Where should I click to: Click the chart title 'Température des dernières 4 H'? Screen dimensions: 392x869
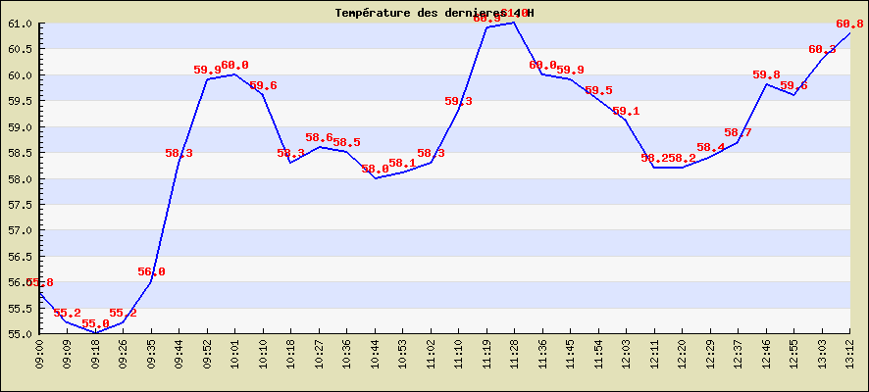[x=434, y=13]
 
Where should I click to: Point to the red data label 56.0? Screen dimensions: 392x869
[x=151, y=272]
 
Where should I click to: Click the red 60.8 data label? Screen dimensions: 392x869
[x=849, y=24]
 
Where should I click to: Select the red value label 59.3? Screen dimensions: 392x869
[x=458, y=102]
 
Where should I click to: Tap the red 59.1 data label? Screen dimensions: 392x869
[x=626, y=112]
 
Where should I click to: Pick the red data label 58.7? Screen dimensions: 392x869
[x=738, y=133]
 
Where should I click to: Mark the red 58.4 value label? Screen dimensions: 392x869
[x=710, y=148]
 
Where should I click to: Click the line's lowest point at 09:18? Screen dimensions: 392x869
[x=96, y=333]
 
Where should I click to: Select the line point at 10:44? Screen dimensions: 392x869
[x=376, y=178]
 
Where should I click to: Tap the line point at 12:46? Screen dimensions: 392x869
[x=766, y=84]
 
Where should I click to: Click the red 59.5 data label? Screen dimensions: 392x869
[x=598, y=91]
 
